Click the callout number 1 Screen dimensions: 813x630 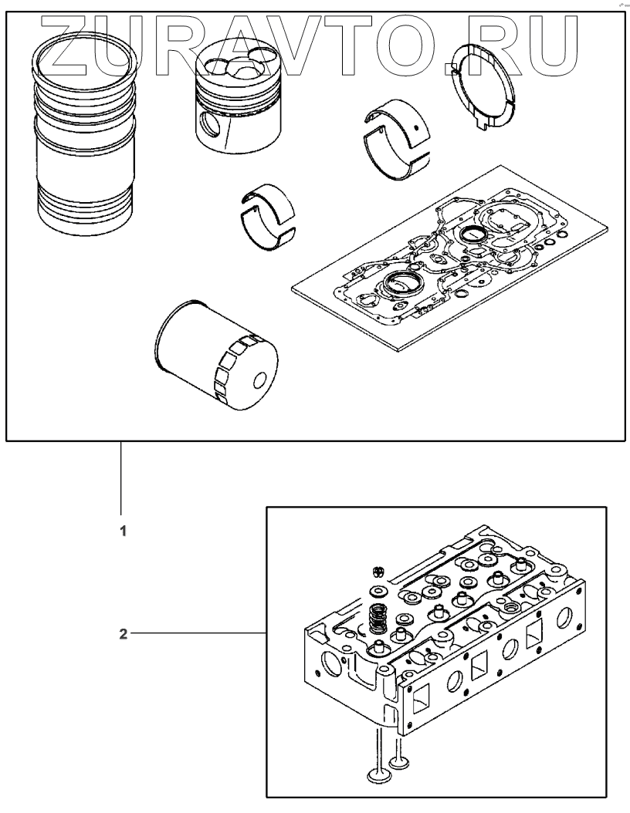click(x=121, y=531)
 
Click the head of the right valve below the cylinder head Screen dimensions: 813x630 click(x=401, y=764)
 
